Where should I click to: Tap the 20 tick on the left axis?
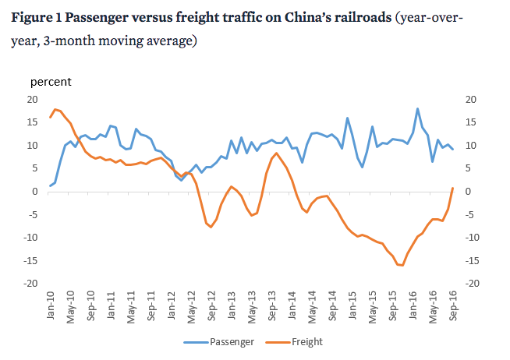pyautogui.click(x=33, y=99)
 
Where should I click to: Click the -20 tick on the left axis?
pyautogui.click(x=30, y=284)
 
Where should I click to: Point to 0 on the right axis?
pyautogui.click(x=469, y=192)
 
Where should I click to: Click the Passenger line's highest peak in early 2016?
pyautogui.click(x=418, y=109)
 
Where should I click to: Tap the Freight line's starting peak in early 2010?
pyautogui.click(x=55, y=109)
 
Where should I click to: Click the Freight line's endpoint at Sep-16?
pyautogui.click(x=453, y=188)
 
